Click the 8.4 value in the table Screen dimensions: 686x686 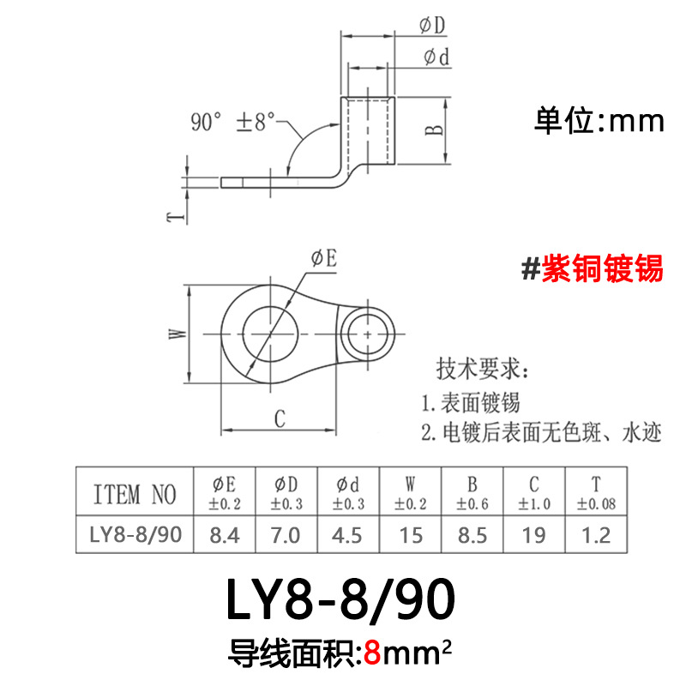225,536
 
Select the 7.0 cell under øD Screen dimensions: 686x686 286,536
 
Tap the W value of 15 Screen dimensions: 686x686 411,536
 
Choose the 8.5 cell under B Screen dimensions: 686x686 472,536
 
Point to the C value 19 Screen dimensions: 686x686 534,536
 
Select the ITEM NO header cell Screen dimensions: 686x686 135,495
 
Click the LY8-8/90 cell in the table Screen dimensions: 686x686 135,536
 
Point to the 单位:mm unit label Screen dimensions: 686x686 599,121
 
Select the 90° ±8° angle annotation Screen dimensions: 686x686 232,123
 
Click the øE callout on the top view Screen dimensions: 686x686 323,260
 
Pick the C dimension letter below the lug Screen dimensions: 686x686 279,418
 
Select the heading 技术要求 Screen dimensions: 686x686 484,370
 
